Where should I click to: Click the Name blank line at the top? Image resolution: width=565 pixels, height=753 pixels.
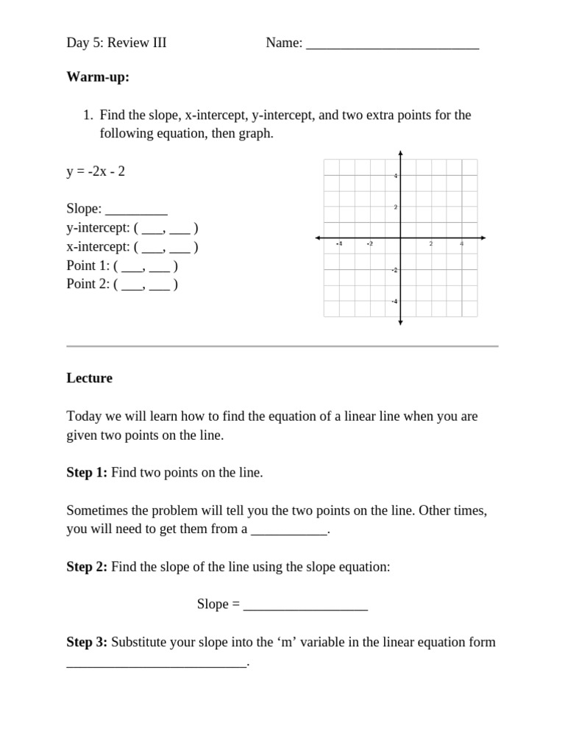click(x=392, y=44)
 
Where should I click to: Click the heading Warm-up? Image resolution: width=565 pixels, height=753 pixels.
click(x=98, y=77)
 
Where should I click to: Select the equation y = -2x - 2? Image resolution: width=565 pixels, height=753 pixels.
click(x=96, y=171)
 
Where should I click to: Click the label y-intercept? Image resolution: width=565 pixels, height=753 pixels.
click(x=98, y=228)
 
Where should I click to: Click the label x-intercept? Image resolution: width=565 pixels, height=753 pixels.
click(x=98, y=247)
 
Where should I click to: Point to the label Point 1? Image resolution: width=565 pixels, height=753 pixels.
click(x=88, y=265)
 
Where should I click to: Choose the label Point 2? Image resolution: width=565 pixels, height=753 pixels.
click(x=88, y=284)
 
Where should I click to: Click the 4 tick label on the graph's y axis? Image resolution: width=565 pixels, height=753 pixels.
click(x=395, y=176)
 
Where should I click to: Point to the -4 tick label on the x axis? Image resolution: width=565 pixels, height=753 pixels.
click(x=338, y=243)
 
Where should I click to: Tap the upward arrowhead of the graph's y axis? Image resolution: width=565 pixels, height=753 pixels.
click(x=400, y=154)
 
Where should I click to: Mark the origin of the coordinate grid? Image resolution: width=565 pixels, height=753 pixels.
click(x=400, y=238)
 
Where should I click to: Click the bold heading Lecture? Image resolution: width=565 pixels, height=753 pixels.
click(x=89, y=379)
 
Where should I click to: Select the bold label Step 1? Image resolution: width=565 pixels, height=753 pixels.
click(x=87, y=473)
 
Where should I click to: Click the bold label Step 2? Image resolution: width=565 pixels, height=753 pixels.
click(x=87, y=567)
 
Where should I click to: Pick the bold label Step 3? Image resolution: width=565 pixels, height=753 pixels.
click(x=87, y=642)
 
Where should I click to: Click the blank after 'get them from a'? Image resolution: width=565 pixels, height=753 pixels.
click(x=288, y=530)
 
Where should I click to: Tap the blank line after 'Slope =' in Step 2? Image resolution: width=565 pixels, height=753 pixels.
click(x=305, y=605)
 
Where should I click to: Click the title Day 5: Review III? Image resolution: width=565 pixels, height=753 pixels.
click(x=116, y=43)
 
